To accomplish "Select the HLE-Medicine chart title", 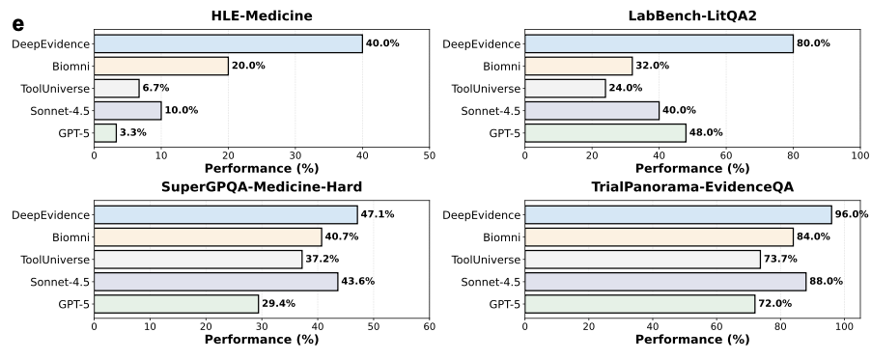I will pos(262,14).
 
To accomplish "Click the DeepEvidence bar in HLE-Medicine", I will pos(228,43).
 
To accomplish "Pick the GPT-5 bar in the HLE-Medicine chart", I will pos(105,132).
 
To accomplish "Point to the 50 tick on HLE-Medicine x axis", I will pos(430,154).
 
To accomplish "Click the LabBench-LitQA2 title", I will pos(691,14).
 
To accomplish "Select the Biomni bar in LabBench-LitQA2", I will pos(578,66).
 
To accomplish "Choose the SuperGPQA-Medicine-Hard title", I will pos(262,186).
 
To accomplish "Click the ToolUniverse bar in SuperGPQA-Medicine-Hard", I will pos(198,259).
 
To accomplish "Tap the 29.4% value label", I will pos(278,304).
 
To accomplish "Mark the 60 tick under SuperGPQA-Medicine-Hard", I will pos(430,325).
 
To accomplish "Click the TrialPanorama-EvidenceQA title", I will pos(691,186).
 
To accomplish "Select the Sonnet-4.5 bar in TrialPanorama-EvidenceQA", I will pos(665,281).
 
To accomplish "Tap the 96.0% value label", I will pos(852,214).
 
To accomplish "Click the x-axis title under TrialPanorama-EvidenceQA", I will pos(691,340).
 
